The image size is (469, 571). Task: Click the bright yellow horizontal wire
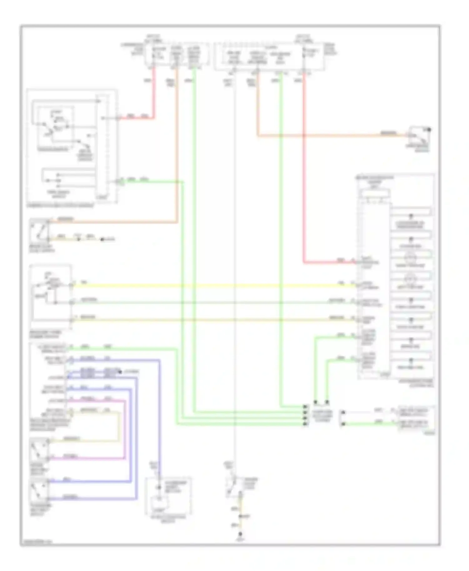213,285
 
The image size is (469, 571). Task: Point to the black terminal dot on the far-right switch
429,129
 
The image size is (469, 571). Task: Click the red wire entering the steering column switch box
138,118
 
